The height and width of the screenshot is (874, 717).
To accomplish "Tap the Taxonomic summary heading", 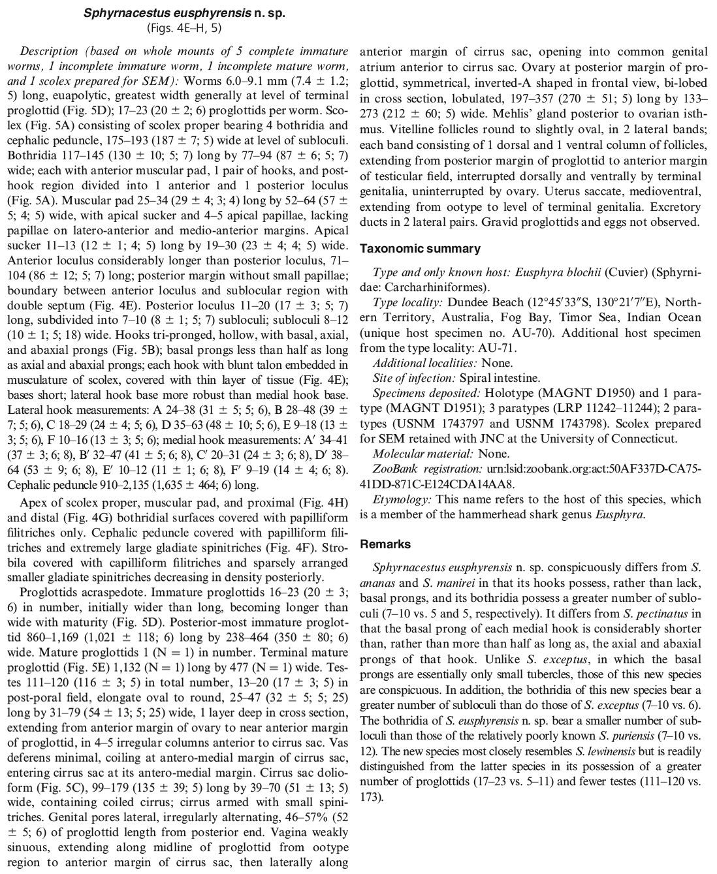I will [420, 249].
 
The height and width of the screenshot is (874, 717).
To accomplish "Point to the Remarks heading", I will [385, 544].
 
